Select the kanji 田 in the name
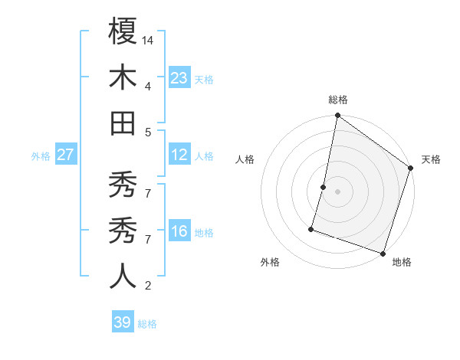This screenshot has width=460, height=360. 123,123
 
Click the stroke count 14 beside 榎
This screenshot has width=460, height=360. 149,40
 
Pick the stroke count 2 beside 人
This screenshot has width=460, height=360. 148,286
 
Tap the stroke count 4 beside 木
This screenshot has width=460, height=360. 148,86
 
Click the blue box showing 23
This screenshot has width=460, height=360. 179,77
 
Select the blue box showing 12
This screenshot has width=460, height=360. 179,155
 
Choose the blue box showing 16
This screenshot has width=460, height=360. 179,231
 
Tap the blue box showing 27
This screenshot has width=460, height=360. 66,155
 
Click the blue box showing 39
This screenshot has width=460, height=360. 122,322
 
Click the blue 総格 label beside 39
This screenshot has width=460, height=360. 147,324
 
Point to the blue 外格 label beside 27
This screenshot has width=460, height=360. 41,156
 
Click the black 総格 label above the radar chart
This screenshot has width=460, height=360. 338,100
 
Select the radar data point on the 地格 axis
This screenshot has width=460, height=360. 383,253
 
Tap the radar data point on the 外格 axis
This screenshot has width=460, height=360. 312,228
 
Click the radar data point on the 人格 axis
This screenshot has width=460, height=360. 324,187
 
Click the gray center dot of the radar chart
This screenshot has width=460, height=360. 338,191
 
